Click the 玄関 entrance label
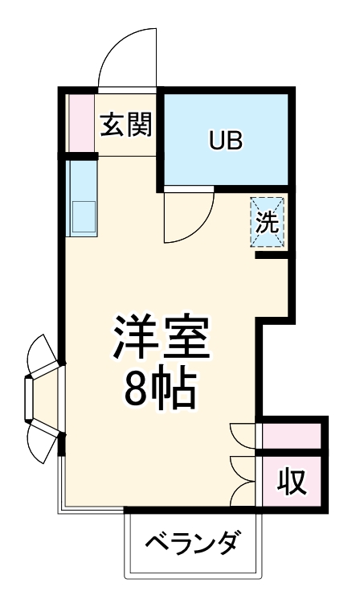(126, 125)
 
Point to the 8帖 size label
(160, 390)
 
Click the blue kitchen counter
(81, 198)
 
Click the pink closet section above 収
(292, 435)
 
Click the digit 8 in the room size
(136, 391)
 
